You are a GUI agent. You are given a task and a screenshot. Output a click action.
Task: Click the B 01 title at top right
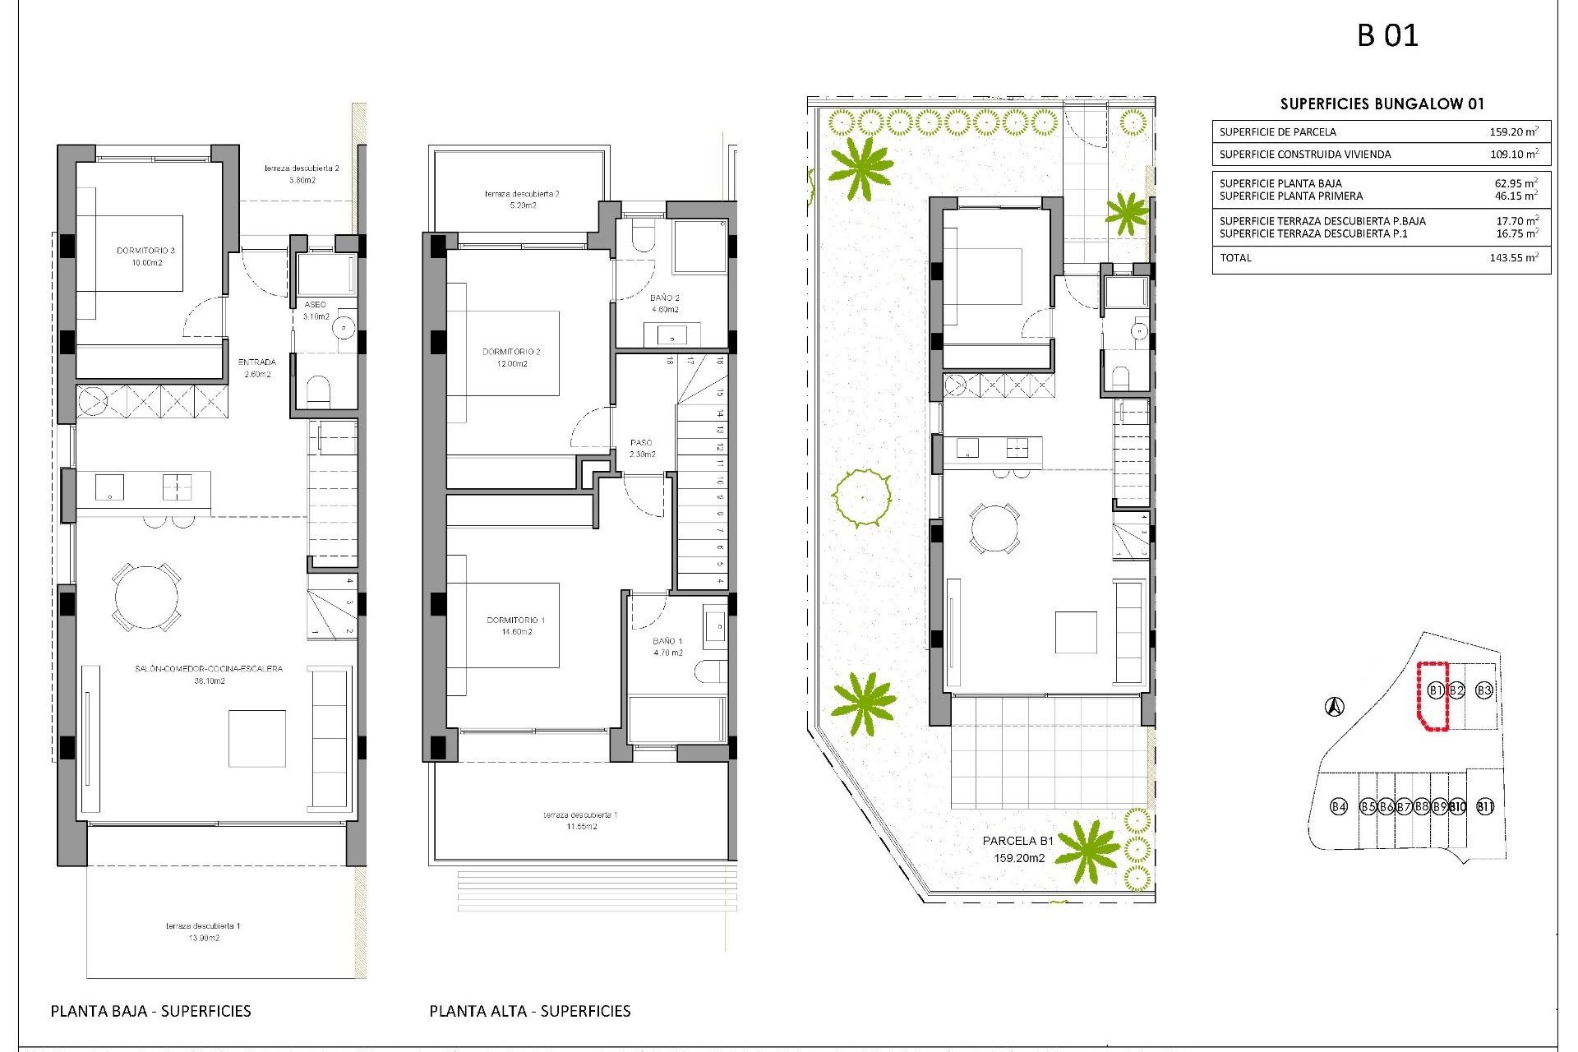pos(1387,35)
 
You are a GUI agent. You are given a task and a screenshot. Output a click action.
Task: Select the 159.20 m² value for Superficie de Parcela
pos(1513,131)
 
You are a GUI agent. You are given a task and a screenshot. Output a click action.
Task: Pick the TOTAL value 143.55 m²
pos(1513,258)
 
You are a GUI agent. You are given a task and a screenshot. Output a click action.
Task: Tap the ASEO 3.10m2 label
pos(316,311)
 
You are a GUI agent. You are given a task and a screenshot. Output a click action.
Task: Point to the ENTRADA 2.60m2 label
pos(257,368)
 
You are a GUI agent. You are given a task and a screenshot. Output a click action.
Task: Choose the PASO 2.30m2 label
pos(642,448)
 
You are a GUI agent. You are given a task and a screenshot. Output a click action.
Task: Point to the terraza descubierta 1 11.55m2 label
pos(580,820)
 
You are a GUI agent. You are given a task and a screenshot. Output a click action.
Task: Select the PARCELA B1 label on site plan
pos(1017,842)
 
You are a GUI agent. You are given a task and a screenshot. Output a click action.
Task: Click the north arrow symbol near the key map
pos(1335,706)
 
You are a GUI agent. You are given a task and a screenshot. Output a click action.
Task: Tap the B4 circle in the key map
pos(1339,806)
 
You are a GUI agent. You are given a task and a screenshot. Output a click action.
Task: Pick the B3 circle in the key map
pos(1483,690)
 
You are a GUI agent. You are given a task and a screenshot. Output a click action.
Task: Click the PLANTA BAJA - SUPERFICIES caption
pos(150,1011)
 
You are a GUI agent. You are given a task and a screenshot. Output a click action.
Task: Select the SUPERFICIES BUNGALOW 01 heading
pos(1382,104)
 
